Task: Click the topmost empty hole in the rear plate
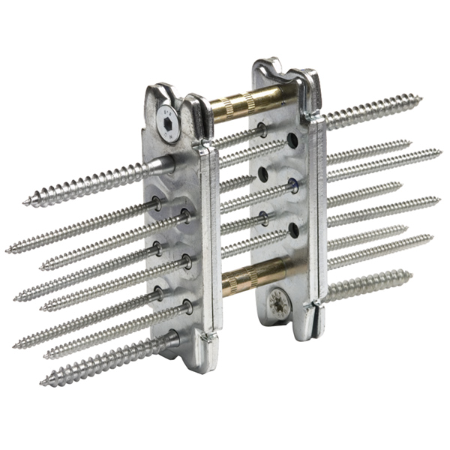point(292,141)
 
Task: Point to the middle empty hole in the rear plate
point(263,174)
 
